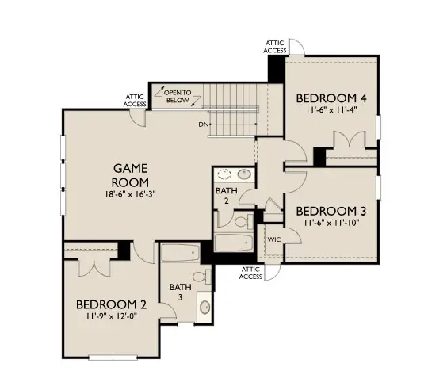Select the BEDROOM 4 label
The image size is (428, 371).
click(x=325, y=98)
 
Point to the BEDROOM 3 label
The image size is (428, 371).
click(x=331, y=211)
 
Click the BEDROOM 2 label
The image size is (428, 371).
click(x=112, y=304)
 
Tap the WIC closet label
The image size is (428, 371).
click(x=274, y=239)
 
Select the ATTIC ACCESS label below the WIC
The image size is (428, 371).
click(x=250, y=273)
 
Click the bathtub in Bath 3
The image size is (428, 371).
click(x=181, y=254)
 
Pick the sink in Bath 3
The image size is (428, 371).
click(x=204, y=306)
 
